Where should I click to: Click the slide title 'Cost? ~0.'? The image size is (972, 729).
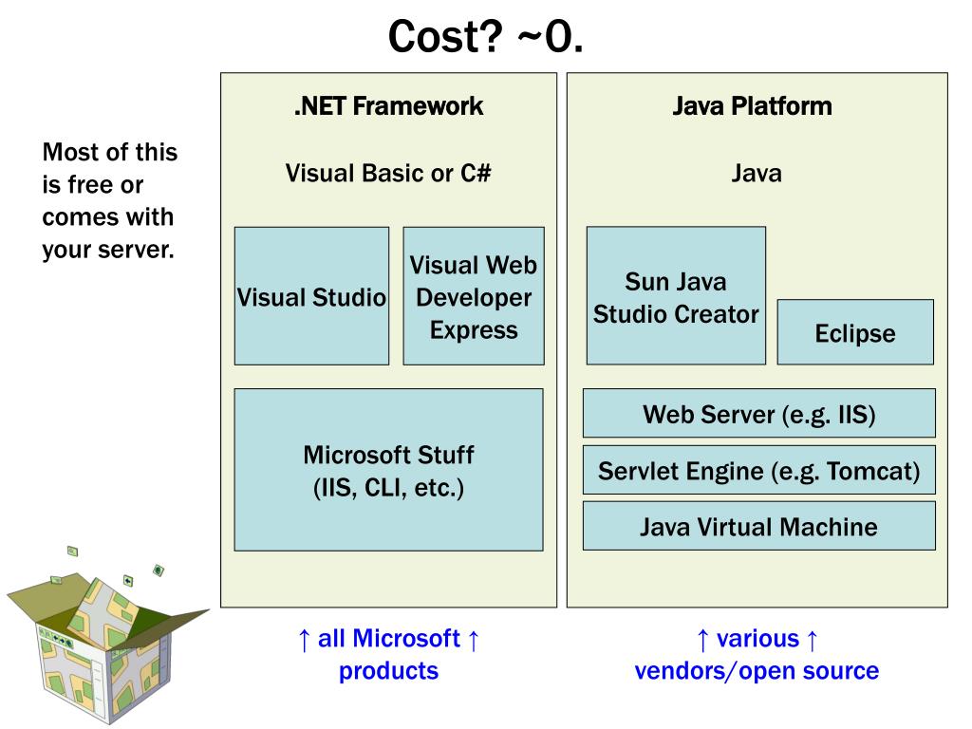[485, 37]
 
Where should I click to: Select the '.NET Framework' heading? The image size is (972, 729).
[388, 106]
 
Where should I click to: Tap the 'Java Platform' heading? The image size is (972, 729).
[752, 106]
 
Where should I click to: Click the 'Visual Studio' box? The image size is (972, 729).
[311, 296]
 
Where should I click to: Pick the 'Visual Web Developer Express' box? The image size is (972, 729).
[474, 296]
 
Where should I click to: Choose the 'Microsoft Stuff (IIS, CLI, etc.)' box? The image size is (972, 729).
[388, 470]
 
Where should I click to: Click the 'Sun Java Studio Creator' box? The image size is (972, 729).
[676, 296]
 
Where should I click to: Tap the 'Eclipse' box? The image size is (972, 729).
[855, 332]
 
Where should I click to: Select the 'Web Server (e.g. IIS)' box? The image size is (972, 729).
[759, 414]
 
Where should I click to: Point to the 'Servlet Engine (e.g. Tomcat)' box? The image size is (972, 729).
[759, 470]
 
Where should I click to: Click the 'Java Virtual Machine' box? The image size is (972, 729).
[759, 526]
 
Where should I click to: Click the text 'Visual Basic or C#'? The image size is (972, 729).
[388, 174]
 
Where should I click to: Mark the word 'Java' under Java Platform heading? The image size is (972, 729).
[757, 174]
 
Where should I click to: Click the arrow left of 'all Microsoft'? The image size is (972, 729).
[304, 640]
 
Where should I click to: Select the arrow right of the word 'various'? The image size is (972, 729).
[813, 640]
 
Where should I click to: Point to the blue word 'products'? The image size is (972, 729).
[388, 671]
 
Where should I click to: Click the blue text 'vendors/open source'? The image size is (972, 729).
[757, 671]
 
